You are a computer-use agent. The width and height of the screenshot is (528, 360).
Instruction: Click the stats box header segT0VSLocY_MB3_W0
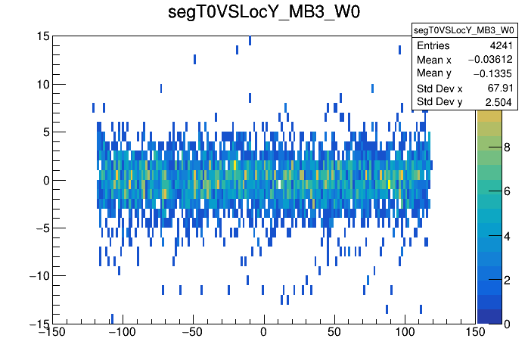[x=463, y=30]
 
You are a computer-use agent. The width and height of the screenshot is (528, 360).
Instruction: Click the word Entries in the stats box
[x=433, y=46]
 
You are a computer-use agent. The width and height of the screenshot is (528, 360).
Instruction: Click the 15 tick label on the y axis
[x=42, y=36]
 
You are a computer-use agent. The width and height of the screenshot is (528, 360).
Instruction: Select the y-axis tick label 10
[x=42, y=84]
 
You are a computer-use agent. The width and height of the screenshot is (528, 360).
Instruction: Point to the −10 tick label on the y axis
[x=38, y=275]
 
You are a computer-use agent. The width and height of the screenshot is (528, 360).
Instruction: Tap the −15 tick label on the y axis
[x=38, y=323]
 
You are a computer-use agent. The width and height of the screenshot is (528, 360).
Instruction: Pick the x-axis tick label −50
[x=193, y=331]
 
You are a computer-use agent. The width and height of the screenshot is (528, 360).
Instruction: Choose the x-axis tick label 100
[x=405, y=331]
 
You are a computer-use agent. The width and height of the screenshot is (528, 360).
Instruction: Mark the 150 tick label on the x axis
[x=475, y=331]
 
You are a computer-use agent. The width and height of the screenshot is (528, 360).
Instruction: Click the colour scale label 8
[x=508, y=149]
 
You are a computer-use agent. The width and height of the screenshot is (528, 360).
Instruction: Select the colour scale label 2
[x=508, y=280]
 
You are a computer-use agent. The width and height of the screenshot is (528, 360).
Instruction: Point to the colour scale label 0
[x=508, y=323]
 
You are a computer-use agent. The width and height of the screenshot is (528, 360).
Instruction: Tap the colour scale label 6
[x=508, y=193]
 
